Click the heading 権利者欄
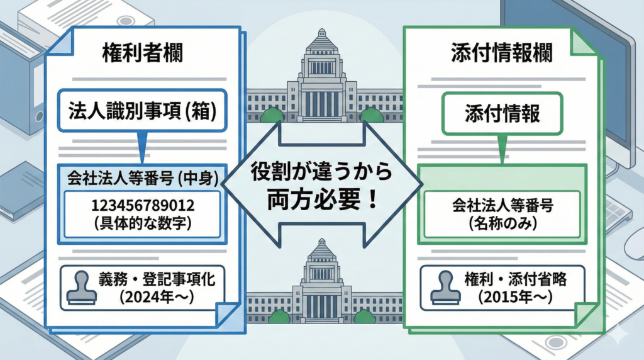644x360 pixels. click(142, 54)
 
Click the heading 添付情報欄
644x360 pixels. click(501, 54)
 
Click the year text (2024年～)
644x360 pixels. click(155, 296)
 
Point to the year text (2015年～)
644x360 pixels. click(514, 296)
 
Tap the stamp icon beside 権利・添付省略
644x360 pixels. click(443, 287)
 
